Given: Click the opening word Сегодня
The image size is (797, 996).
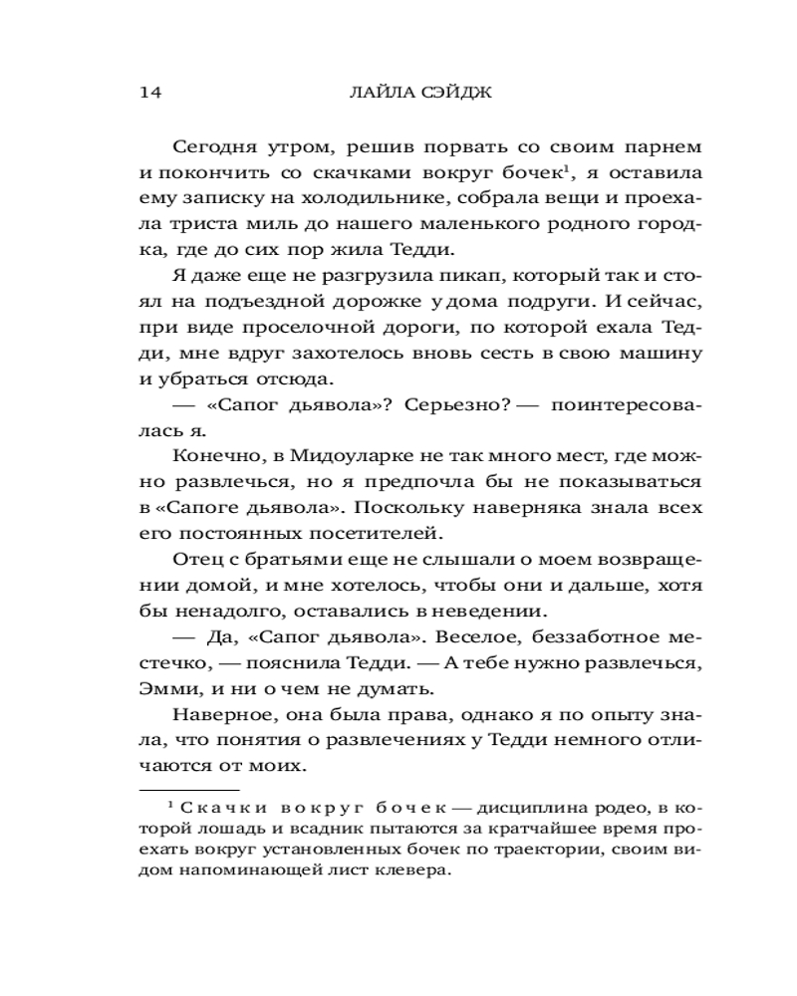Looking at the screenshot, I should (x=212, y=146).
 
